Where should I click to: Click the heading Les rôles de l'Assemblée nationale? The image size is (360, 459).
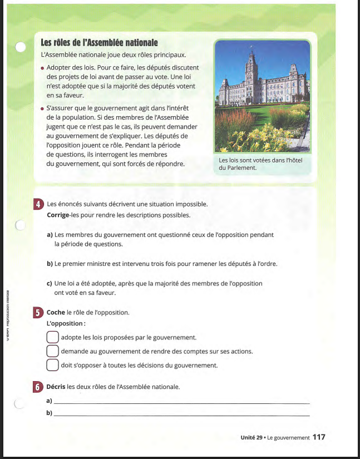click(x=100, y=43)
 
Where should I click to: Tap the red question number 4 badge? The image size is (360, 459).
click(x=38, y=204)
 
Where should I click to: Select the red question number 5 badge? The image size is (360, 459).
click(x=38, y=313)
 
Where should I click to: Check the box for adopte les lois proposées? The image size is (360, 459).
click(x=52, y=337)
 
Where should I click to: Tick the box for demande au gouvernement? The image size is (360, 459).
click(x=52, y=351)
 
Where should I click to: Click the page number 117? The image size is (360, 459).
click(x=319, y=437)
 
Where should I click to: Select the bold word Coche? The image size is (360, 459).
click(x=56, y=313)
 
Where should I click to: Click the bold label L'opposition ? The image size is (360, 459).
click(x=66, y=323)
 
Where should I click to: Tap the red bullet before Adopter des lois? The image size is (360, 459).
click(x=42, y=68)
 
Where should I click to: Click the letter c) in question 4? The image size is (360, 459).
click(x=50, y=284)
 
